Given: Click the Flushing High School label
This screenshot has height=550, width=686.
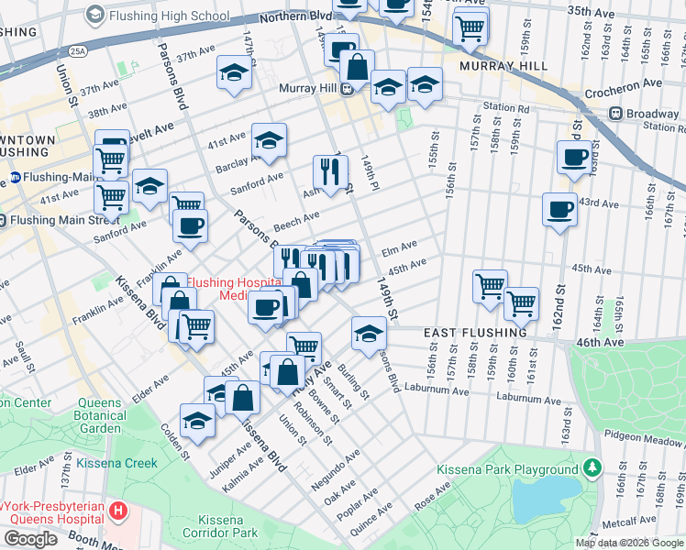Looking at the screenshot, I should point(169,16).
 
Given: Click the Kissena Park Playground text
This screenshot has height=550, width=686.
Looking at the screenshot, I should point(506,470).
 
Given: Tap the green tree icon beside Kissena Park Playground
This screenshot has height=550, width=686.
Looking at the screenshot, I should point(592,469).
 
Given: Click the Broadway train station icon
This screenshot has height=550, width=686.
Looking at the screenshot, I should point(615,114).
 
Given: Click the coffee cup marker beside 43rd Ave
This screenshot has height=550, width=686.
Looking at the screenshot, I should point(559,210).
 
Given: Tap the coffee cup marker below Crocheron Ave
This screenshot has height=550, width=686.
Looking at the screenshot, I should point(574,156).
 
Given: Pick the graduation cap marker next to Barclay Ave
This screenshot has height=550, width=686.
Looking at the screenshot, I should point(269,139).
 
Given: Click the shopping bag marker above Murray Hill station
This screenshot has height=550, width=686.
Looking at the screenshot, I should point(357,66).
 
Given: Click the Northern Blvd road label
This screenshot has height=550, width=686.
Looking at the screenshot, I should point(293,17).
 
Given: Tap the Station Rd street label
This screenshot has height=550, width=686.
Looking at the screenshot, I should point(506,108).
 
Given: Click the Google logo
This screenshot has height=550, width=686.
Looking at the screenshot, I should point(31,538).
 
